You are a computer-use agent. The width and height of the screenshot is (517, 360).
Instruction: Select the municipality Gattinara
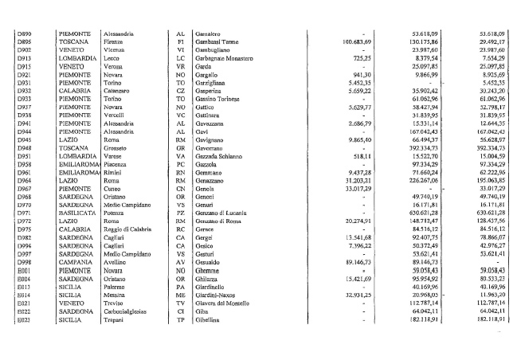(210, 115)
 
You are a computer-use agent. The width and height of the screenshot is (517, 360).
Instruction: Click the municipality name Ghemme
(206, 271)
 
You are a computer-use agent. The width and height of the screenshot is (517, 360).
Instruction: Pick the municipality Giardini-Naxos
(217, 295)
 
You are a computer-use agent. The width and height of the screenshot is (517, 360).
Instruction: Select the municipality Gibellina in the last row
(208, 319)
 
